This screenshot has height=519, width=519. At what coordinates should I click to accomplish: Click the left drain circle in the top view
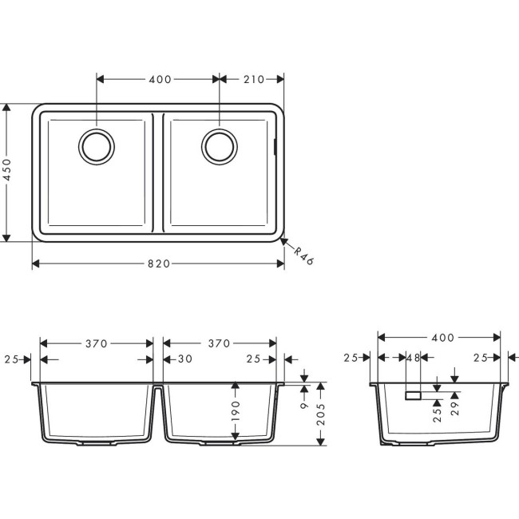(x=97, y=147)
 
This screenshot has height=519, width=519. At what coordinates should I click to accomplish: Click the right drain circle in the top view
(x=219, y=147)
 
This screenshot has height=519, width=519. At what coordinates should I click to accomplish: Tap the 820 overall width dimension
(x=158, y=264)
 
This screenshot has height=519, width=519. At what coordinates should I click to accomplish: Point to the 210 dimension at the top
(x=252, y=79)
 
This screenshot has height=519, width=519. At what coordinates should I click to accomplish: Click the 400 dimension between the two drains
(x=158, y=79)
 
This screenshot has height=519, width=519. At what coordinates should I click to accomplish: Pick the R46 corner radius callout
(x=300, y=257)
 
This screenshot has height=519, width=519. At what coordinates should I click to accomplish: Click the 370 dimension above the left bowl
(x=96, y=343)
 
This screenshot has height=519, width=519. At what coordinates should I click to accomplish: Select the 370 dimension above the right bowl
(x=219, y=343)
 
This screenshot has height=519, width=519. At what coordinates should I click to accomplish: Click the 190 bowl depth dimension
(x=236, y=412)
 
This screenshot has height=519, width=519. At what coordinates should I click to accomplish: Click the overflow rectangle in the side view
(x=414, y=394)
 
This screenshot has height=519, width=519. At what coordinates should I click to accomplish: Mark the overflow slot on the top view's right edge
(x=276, y=147)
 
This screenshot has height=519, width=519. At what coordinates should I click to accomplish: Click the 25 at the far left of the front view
(x=11, y=359)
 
